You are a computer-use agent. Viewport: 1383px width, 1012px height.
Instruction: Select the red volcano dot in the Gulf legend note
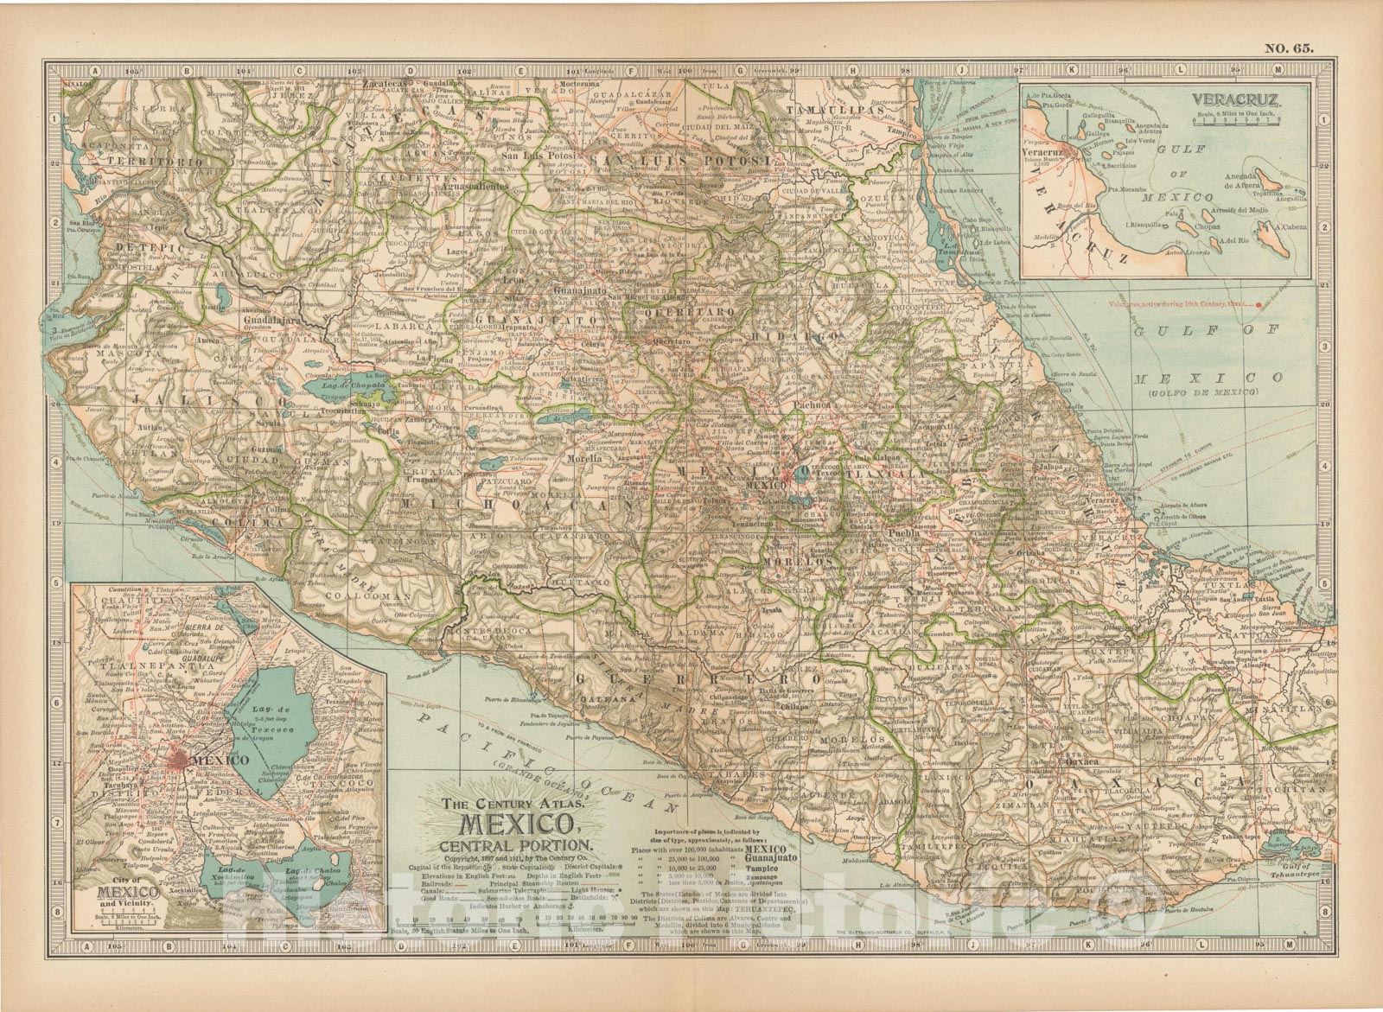point(1259,303)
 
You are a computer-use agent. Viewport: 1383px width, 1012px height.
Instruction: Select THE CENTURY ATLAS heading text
point(504,802)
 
